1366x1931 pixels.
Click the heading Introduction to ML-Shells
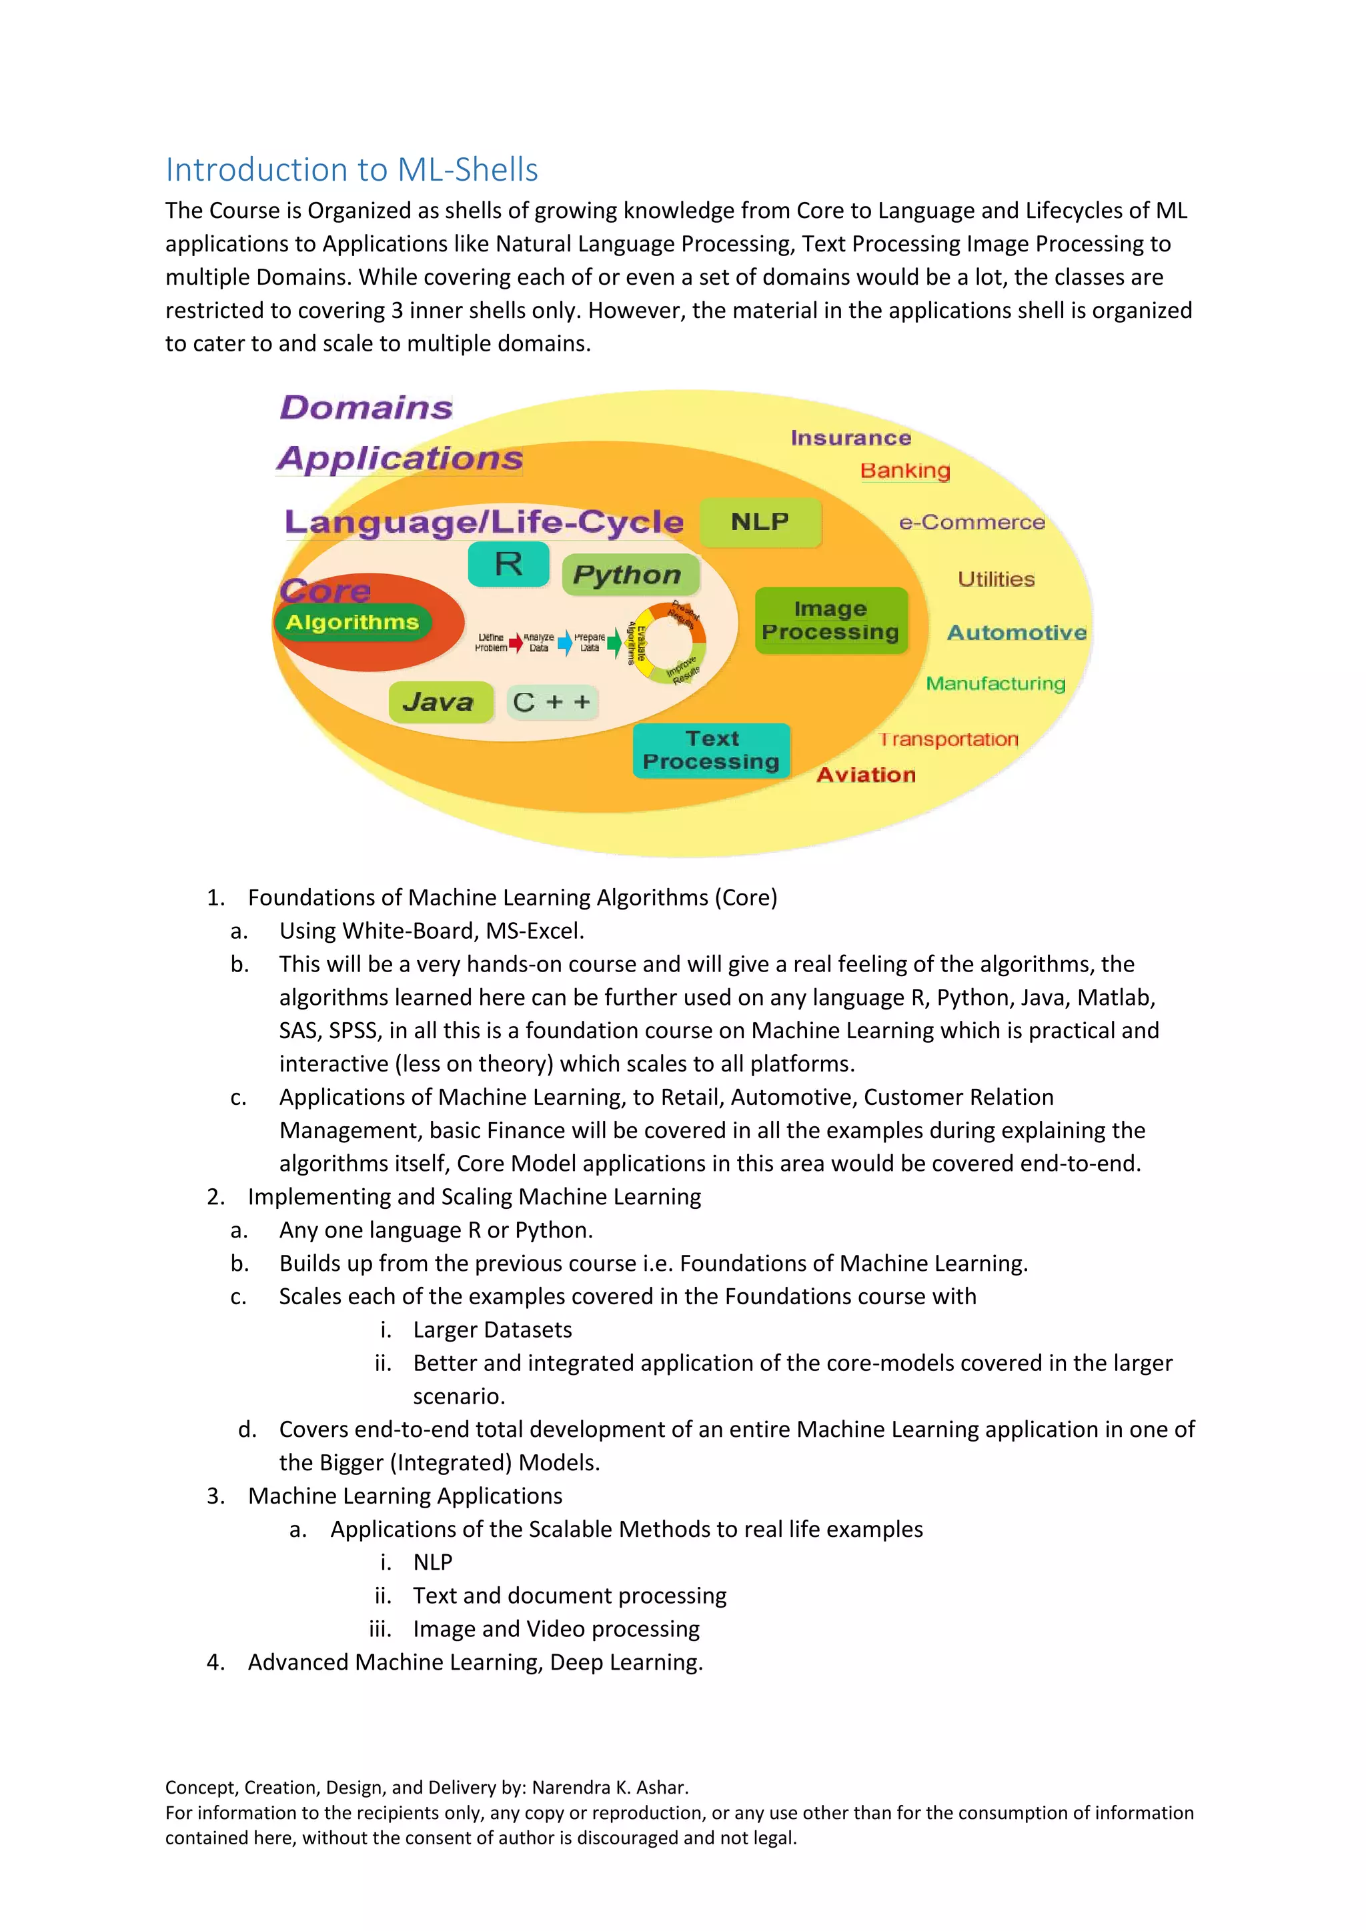(352, 170)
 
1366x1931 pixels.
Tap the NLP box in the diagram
(760, 522)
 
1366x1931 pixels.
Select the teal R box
(508, 564)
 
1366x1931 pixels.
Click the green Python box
(629, 574)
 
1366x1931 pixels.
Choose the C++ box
(552, 702)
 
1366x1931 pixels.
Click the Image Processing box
(831, 621)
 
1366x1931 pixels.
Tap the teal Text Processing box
(712, 750)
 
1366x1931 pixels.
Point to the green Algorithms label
(352, 622)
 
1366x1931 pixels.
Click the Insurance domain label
(850, 438)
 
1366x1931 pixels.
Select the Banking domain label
(905, 471)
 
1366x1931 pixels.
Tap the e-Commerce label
(972, 522)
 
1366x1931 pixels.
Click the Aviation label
(866, 775)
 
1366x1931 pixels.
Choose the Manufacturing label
(995, 683)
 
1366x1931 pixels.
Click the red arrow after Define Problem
(515, 643)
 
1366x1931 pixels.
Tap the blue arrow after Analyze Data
(565, 643)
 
